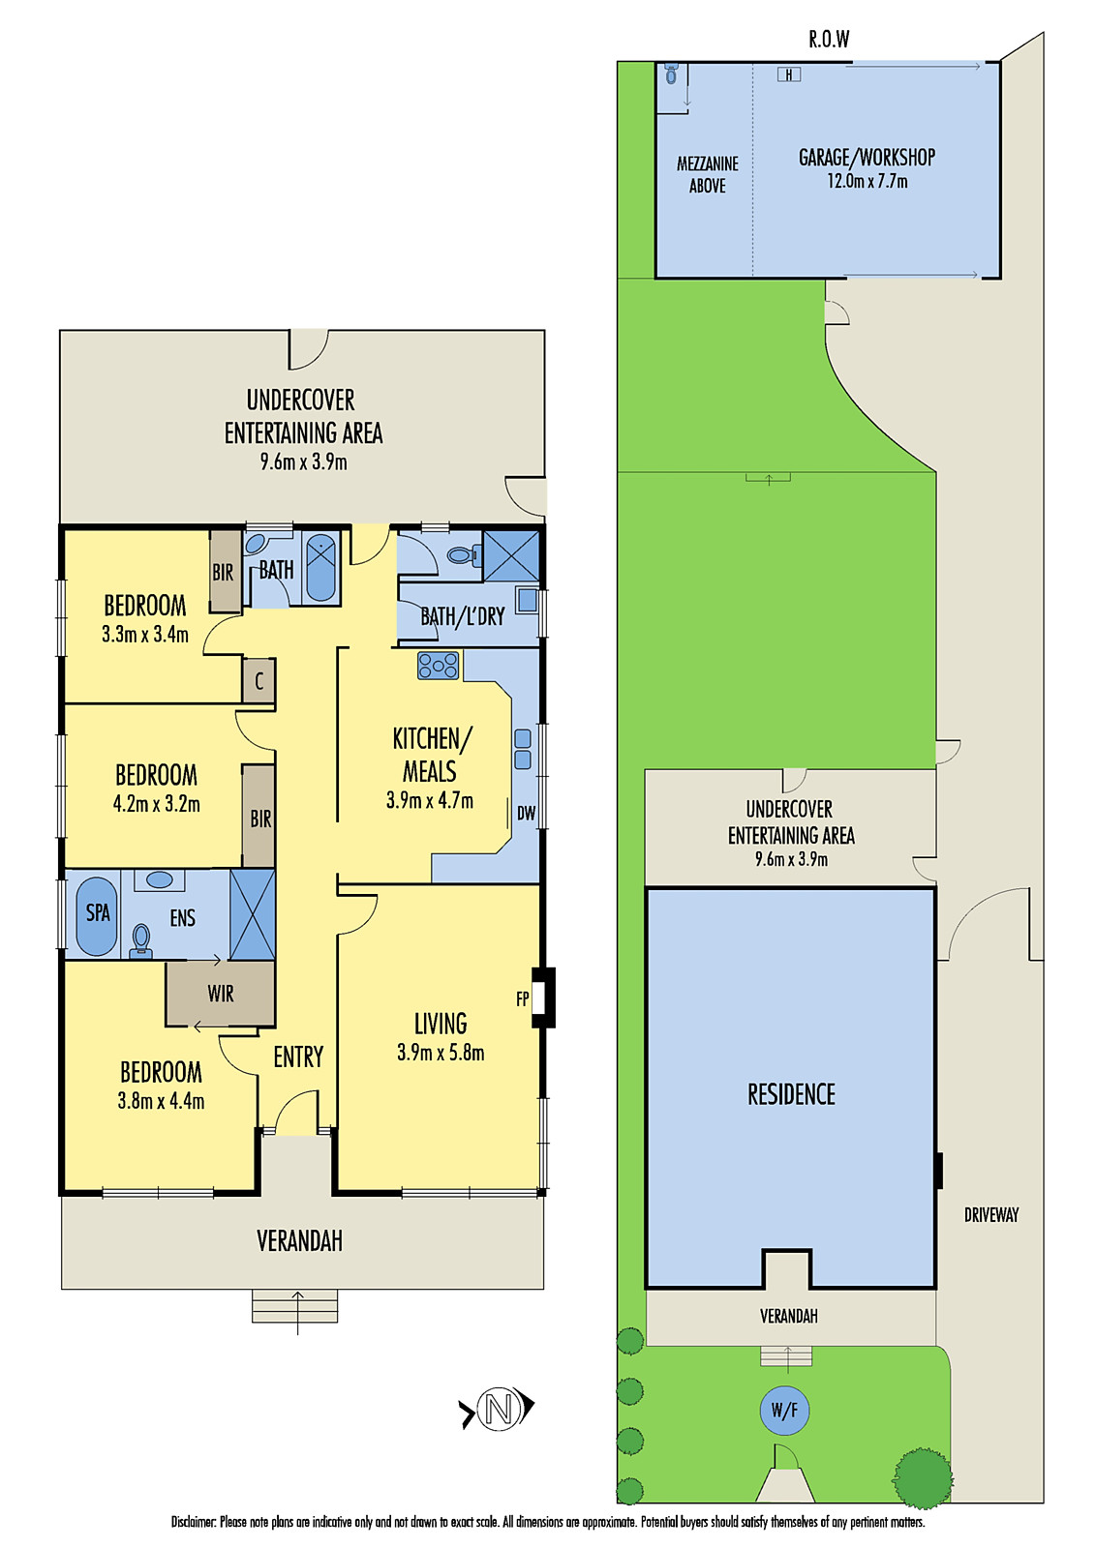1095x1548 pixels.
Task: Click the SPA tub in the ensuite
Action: click(x=97, y=914)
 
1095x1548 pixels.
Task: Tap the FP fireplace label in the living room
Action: click(x=523, y=998)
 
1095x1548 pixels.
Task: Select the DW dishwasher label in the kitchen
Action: click(x=526, y=814)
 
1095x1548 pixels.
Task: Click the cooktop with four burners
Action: click(x=438, y=666)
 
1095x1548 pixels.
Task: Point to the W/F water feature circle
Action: click(x=784, y=1411)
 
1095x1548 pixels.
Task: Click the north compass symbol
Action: click(x=498, y=1409)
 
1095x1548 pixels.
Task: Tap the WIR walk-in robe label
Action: click(x=220, y=994)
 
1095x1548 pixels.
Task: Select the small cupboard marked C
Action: click(x=259, y=681)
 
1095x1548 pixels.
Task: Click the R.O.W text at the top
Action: click(x=829, y=40)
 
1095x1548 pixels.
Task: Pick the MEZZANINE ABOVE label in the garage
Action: click(x=707, y=175)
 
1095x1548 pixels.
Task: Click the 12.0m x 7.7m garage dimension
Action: click(x=867, y=181)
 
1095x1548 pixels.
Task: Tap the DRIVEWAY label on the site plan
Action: click(x=990, y=1215)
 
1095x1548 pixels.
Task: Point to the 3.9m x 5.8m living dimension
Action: click(x=441, y=1053)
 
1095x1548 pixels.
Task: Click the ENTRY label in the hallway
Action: click(x=297, y=1057)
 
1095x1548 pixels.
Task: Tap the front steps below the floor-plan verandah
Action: click(x=295, y=1306)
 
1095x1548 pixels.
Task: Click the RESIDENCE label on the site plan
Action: click(x=791, y=1094)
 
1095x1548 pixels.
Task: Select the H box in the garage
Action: click(x=788, y=74)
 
